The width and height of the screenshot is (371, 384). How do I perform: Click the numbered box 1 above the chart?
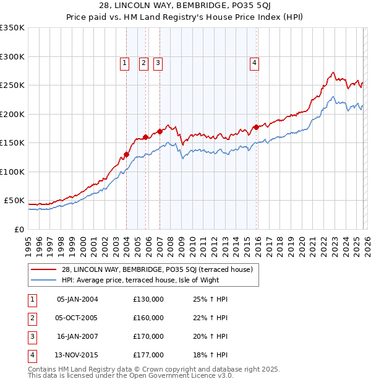click(125, 62)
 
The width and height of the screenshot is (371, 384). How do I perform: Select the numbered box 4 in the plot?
click(254, 62)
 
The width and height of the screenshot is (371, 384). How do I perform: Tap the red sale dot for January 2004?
click(126, 155)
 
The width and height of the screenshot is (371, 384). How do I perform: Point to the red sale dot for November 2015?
click(256, 128)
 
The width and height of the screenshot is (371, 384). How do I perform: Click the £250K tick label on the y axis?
click(12, 85)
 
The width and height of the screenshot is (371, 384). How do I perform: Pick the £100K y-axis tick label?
click(12, 172)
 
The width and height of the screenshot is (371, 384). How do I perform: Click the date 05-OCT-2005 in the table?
click(77, 318)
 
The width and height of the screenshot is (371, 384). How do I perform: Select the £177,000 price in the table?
click(148, 355)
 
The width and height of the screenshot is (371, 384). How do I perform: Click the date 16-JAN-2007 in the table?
click(77, 336)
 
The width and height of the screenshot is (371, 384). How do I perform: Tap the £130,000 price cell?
click(148, 299)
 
